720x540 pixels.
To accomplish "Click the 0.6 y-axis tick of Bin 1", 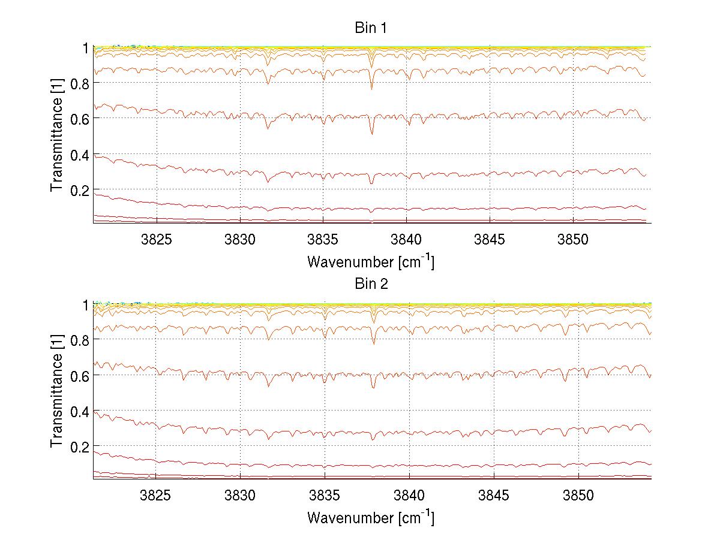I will coord(80,119).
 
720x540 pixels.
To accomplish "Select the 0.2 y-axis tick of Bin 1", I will coord(80,190).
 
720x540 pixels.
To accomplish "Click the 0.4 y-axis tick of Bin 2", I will coord(80,411).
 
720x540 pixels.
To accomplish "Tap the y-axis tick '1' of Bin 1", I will coord(86,48).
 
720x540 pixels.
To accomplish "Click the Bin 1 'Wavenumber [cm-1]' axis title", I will coord(371,261).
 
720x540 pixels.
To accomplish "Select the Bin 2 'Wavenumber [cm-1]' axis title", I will coord(371,517).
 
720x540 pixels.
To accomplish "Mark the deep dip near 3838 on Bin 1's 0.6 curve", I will coord(372,133).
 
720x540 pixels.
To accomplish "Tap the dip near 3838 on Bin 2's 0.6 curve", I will coord(373,387).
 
